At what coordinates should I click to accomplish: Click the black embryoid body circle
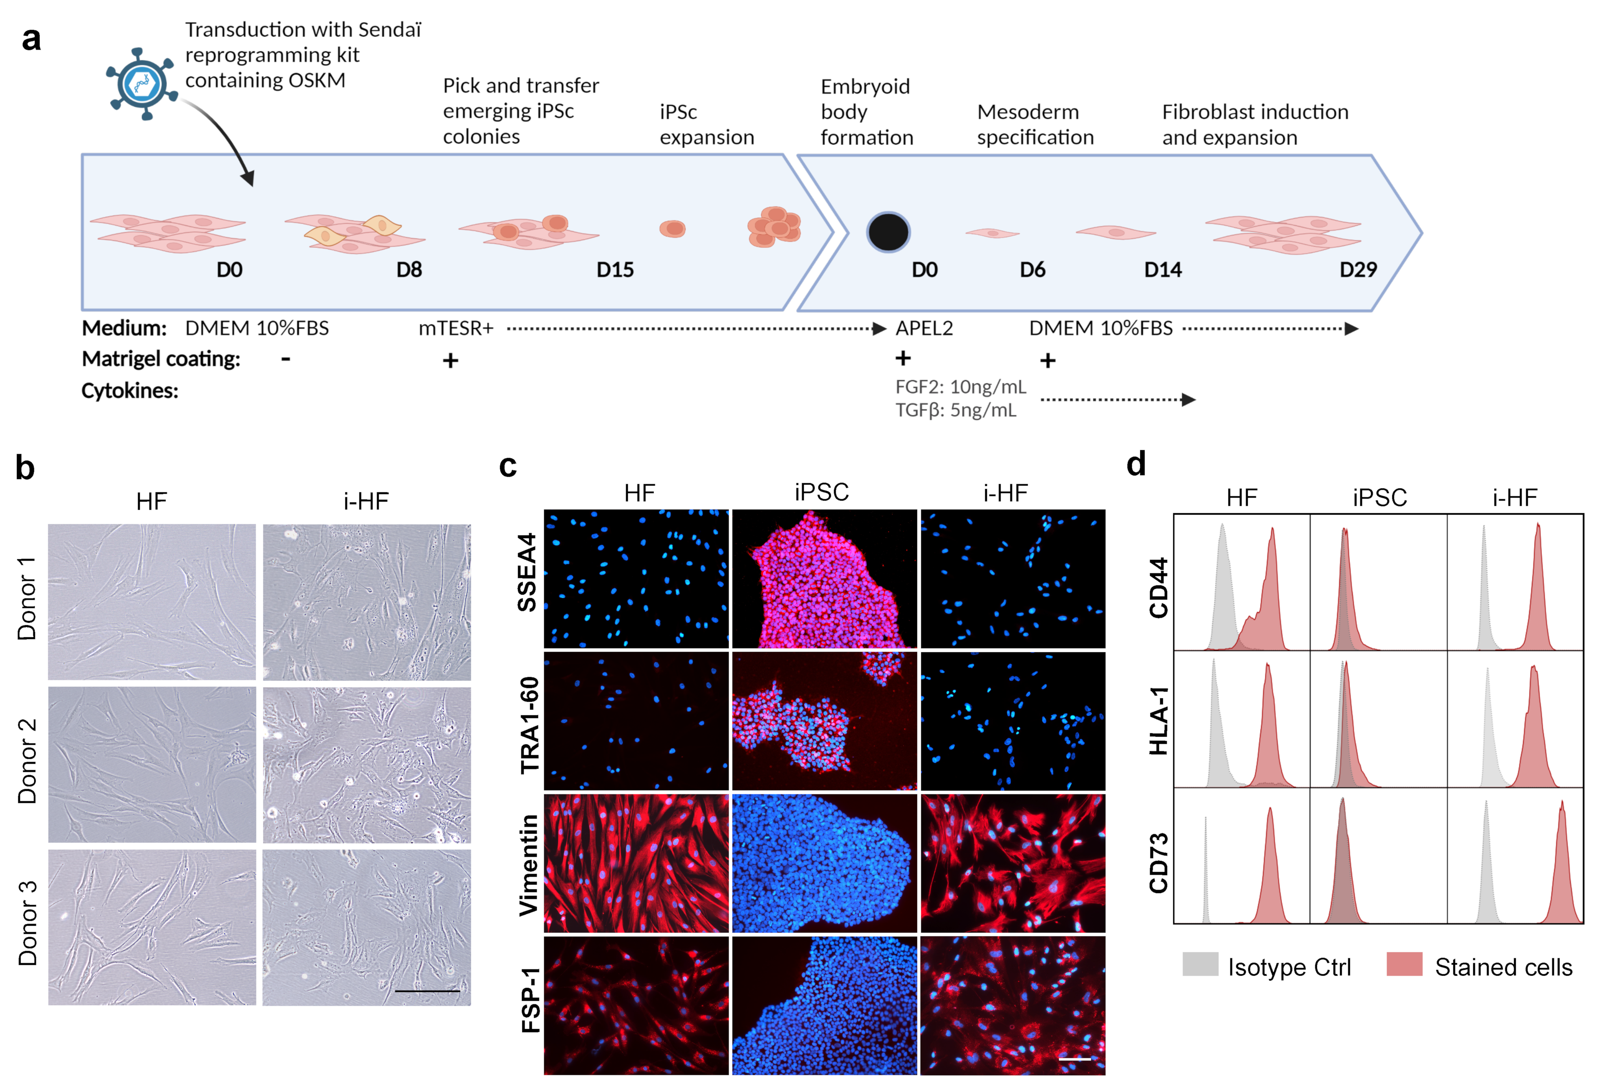coord(888,232)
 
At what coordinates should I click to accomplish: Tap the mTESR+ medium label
coord(455,328)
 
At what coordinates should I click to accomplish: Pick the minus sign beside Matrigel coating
coord(285,359)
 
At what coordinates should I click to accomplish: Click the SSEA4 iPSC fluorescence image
coord(824,579)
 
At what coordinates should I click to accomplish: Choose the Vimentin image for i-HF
coord(1012,864)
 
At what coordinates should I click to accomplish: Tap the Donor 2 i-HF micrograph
coord(366,765)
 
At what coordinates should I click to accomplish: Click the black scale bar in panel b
coord(427,991)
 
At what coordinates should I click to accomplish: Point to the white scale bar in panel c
coord(1075,1058)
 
